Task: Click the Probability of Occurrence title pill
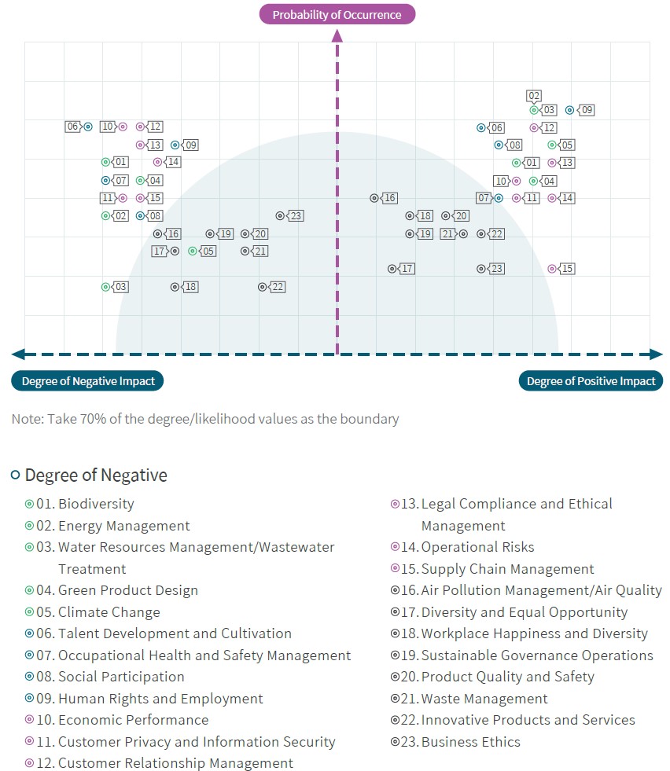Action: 337,14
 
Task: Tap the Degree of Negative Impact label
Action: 87,381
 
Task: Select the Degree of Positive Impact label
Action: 591,381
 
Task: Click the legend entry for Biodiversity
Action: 79,504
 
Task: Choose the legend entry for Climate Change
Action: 93,612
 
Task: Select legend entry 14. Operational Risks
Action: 462,547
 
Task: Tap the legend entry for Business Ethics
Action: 455,741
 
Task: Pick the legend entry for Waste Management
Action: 469,698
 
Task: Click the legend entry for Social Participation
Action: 105,677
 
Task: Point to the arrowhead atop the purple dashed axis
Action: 337,35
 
